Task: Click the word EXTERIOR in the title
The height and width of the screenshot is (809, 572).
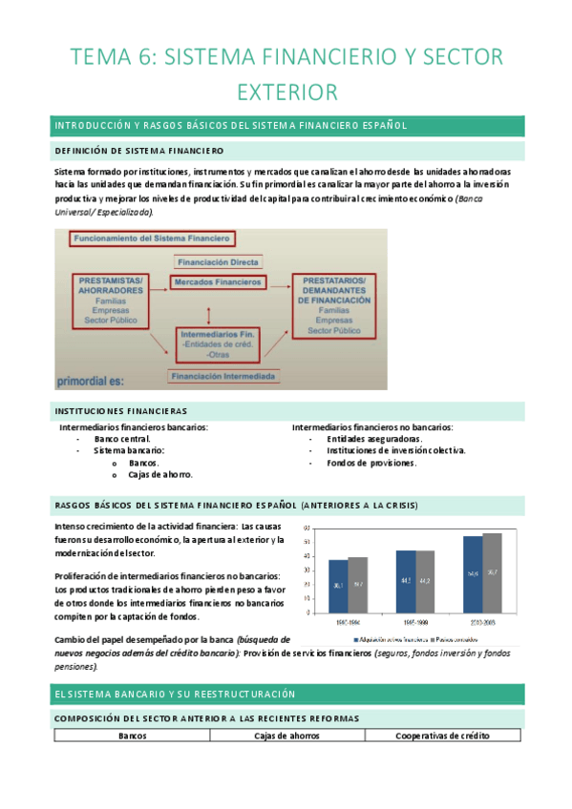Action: (286, 93)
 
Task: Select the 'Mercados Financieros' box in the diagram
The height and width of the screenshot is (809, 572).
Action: (217, 282)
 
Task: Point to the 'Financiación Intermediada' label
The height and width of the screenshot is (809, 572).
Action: (222, 377)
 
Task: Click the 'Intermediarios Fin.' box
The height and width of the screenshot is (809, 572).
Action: (217, 343)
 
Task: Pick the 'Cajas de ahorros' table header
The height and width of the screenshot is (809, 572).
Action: (287, 736)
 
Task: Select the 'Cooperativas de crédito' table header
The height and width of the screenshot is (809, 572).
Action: (443, 736)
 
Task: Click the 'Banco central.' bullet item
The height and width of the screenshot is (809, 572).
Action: (119, 439)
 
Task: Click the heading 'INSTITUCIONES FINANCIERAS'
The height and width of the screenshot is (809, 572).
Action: (121, 409)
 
